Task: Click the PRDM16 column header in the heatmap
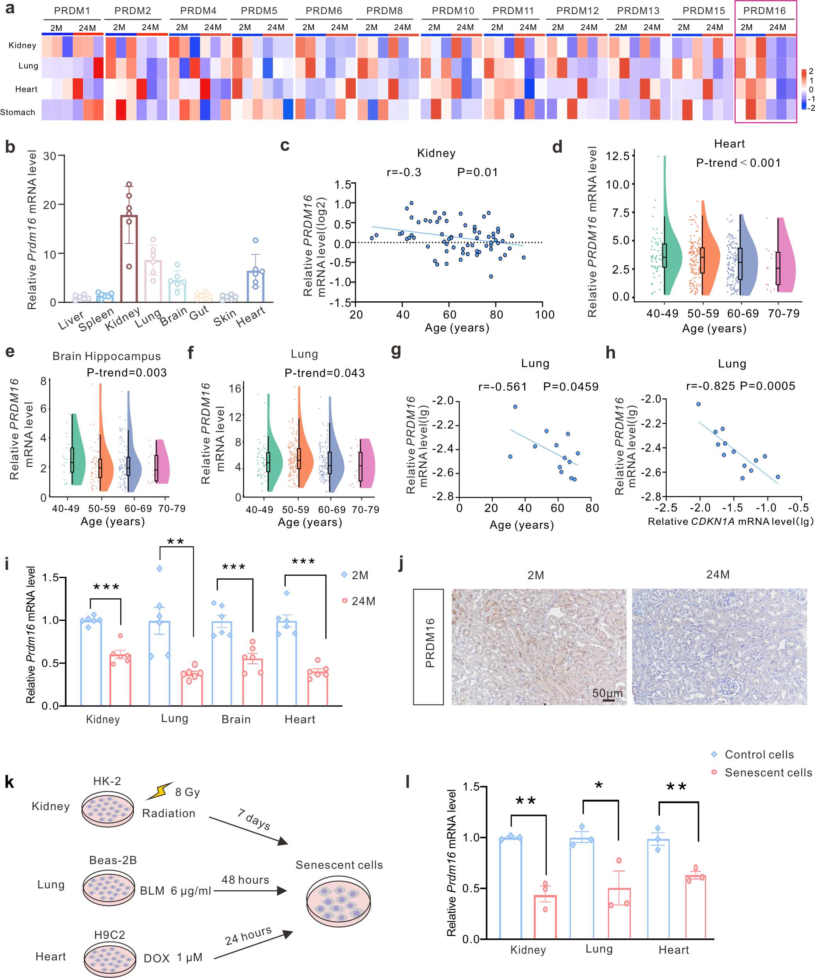tap(764, 11)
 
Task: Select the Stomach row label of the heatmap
tap(18, 112)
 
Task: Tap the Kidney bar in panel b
tap(129, 258)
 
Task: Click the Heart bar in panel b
tap(255, 286)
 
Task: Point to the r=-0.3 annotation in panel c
tap(404, 172)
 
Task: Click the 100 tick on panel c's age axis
tap(545, 315)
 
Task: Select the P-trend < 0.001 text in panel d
tap(738, 163)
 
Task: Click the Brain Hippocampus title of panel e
tap(106, 356)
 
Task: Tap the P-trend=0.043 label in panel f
tap(325, 373)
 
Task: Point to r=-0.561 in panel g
tap(503, 387)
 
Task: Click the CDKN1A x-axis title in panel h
tap(730, 522)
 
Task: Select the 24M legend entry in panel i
tap(359, 601)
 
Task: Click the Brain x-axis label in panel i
tap(236, 720)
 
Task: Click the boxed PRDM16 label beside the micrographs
tap(429, 647)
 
